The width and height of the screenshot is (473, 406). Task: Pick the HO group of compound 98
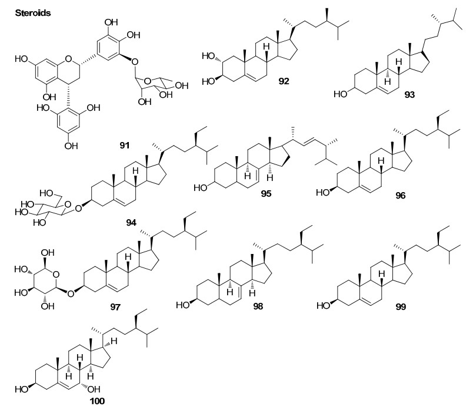tap(184, 306)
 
